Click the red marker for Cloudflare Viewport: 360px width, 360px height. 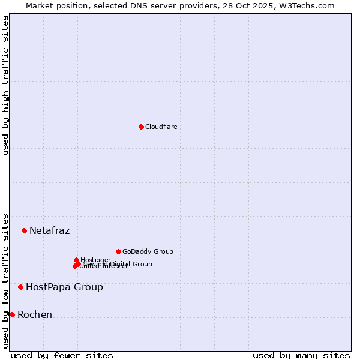pos(141,127)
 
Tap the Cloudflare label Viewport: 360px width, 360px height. pos(161,127)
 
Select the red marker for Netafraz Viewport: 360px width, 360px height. pos(25,230)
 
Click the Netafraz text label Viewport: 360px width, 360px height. pos(49,230)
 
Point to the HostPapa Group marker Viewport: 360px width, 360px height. pos(21,287)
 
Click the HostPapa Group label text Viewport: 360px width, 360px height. pos(64,287)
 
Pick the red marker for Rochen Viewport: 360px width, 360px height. pos(12,314)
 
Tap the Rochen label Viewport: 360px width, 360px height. pos(34,314)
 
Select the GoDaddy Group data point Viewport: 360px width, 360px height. pos(118,251)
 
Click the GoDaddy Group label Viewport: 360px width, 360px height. pos(147,251)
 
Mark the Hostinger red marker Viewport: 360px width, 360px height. pos(76,260)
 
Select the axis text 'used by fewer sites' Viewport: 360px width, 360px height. pos(62,355)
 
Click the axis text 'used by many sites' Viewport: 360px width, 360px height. pos(301,355)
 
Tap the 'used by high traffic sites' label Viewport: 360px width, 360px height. pos(5,85)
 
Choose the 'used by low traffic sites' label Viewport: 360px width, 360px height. pos(5,280)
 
